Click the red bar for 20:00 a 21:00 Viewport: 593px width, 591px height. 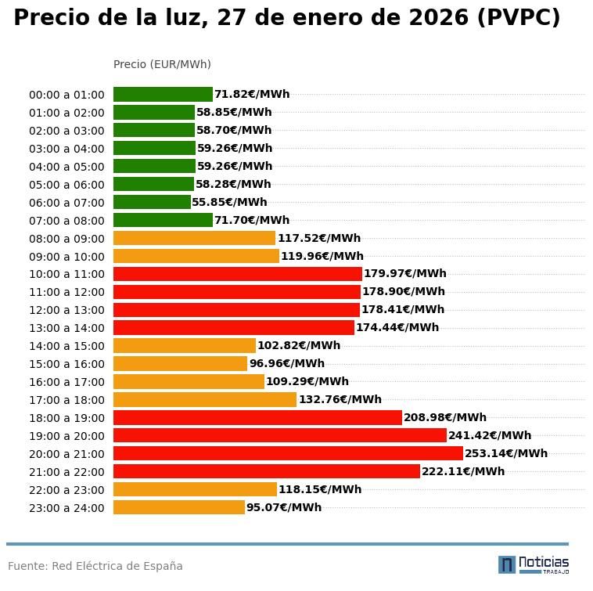point(288,453)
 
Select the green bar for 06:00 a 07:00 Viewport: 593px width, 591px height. point(152,202)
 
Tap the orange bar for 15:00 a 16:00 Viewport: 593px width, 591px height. point(180,363)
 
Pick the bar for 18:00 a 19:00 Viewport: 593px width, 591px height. point(257,417)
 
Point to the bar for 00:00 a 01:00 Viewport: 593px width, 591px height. point(163,94)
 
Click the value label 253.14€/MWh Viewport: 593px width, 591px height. point(506,453)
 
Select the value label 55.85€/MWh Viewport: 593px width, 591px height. point(229,202)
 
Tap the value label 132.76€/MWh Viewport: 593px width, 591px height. point(340,399)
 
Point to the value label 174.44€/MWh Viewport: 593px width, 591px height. point(397,327)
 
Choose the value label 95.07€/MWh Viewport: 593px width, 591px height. point(284,507)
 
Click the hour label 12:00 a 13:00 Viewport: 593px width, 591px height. point(66,310)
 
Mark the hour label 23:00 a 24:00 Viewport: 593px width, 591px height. point(66,508)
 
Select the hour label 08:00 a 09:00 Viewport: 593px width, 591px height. point(66,238)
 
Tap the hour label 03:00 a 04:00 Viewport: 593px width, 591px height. point(66,149)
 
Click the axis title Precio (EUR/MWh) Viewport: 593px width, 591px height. point(162,64)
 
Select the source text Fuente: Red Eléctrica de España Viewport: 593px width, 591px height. point(95,566)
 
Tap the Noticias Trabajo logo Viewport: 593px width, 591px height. point(534,564)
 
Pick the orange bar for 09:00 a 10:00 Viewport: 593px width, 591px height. point(196,256)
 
